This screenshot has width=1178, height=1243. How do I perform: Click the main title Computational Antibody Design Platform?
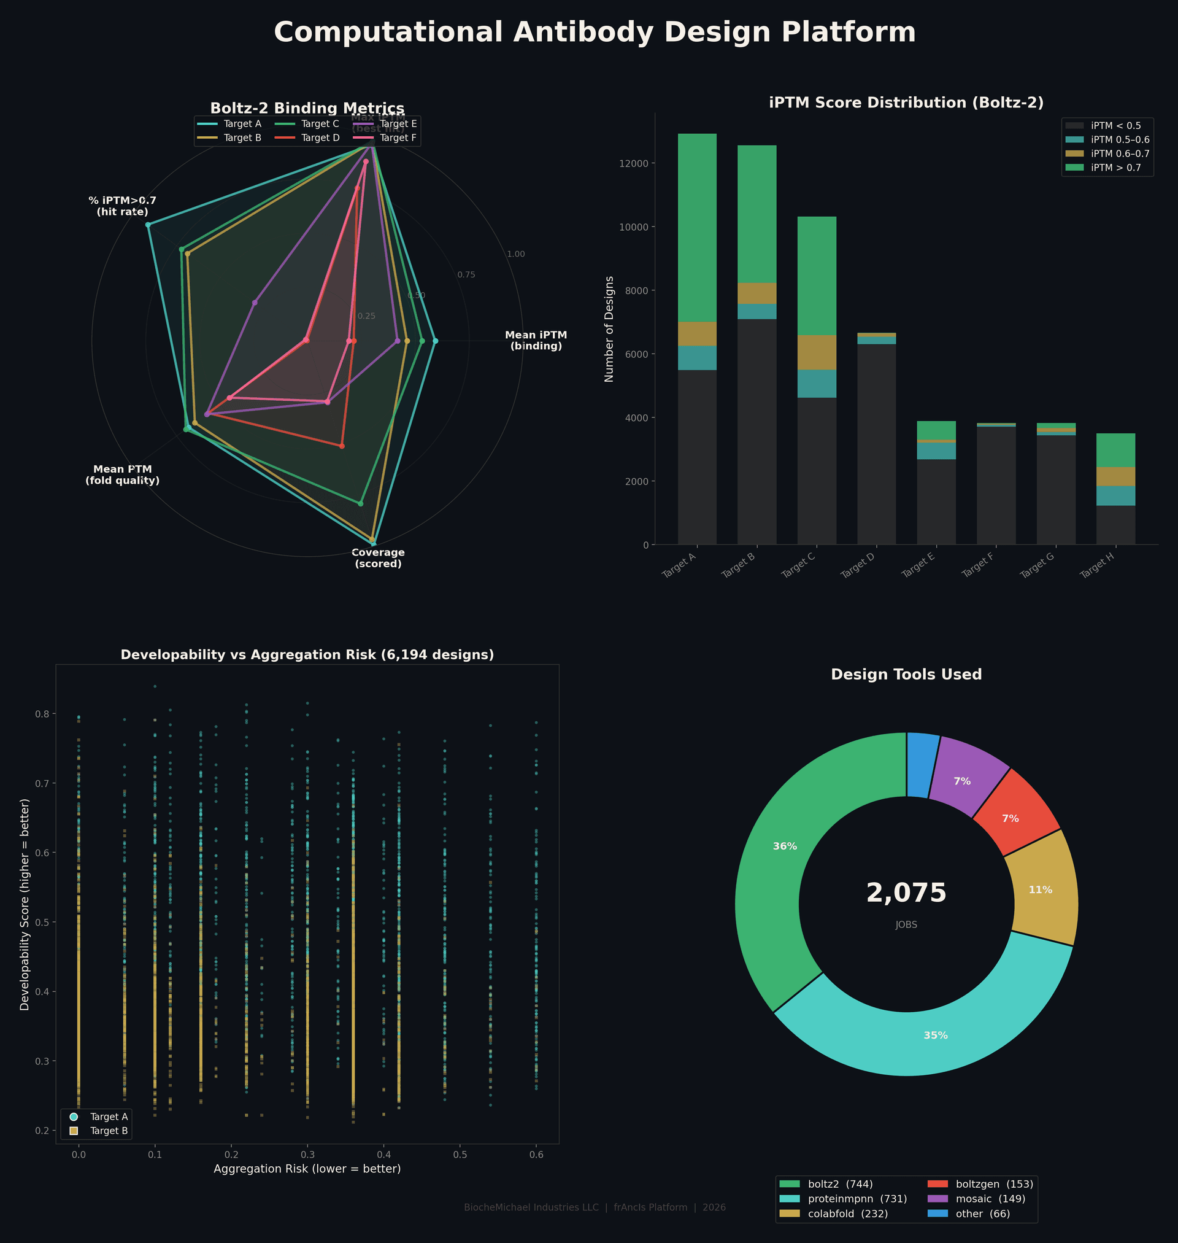[x=594, y=33]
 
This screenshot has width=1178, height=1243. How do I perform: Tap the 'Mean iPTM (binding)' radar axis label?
[x=536, y=341]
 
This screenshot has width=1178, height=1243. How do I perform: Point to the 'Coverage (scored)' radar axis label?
[x=378, y=558]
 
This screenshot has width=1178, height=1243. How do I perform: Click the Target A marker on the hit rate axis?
[x=148, y=225]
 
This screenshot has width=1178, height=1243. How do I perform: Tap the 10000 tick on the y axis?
[x=636, y=227]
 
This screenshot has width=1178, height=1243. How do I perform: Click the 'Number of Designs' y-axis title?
[x=609, y=328]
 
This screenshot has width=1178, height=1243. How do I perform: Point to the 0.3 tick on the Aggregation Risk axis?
[x=307, y=1155]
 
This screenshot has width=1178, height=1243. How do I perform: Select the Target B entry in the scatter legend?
[x=109, y=1131]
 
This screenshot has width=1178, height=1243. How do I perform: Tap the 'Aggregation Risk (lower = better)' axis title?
[x=307, y=1169]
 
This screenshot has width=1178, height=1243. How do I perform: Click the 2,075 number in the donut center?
[x=906, y=893]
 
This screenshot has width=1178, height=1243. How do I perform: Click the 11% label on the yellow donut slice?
[x=1041, y=890]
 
